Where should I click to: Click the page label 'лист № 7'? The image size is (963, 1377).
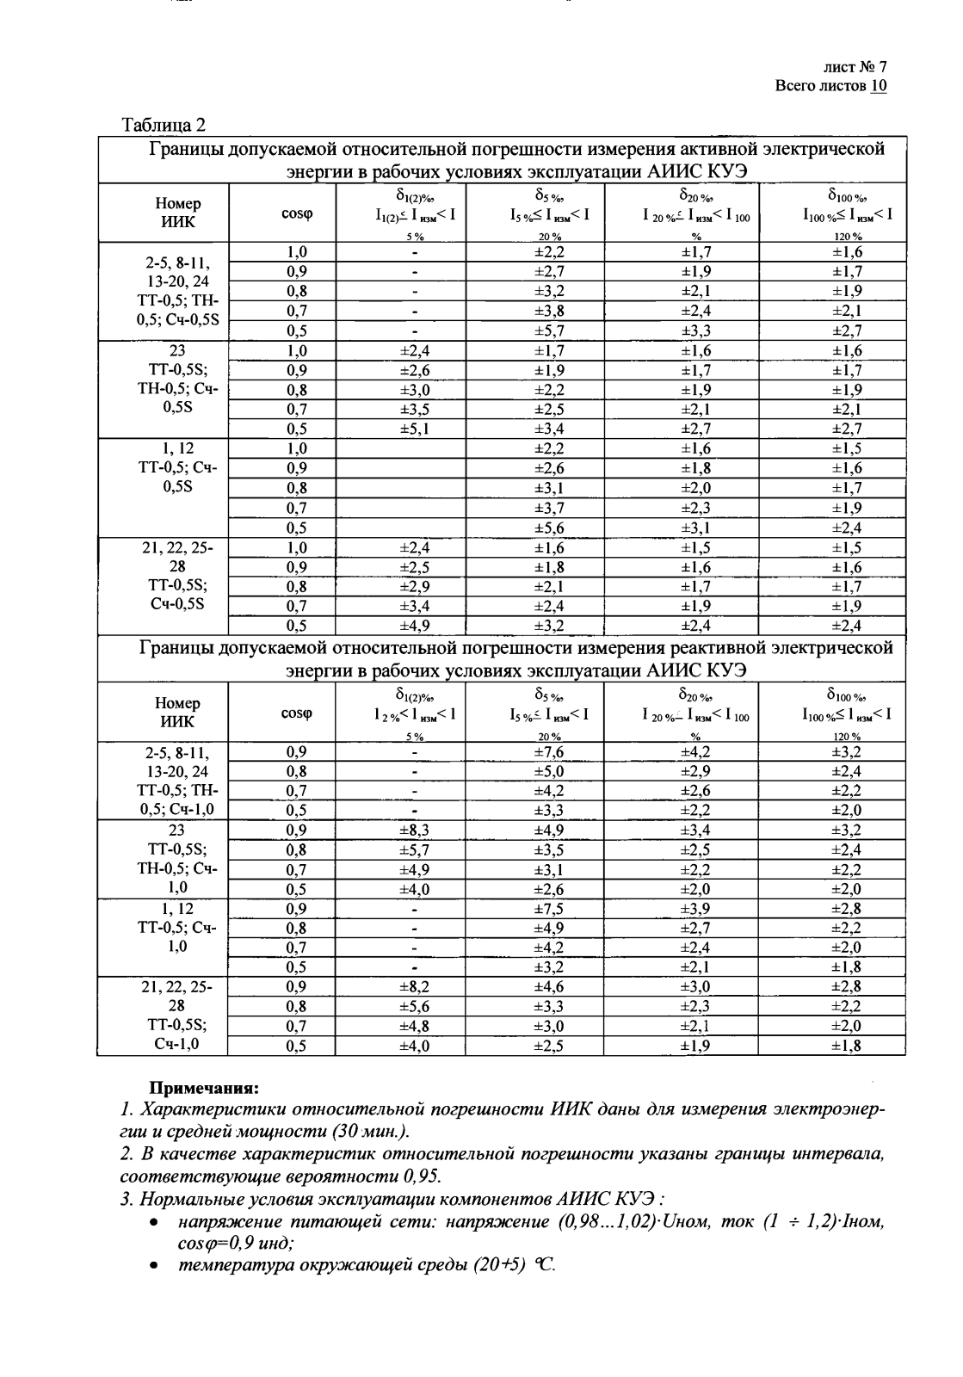pos(854,67)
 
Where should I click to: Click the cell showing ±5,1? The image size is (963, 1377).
pos(414,429)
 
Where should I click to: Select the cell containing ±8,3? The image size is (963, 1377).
pos(414,831)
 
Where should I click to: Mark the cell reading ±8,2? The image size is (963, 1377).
pos(414,987)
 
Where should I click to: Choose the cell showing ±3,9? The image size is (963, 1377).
pos(696,909)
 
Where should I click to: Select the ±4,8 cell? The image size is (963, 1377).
pos(414,1026)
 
